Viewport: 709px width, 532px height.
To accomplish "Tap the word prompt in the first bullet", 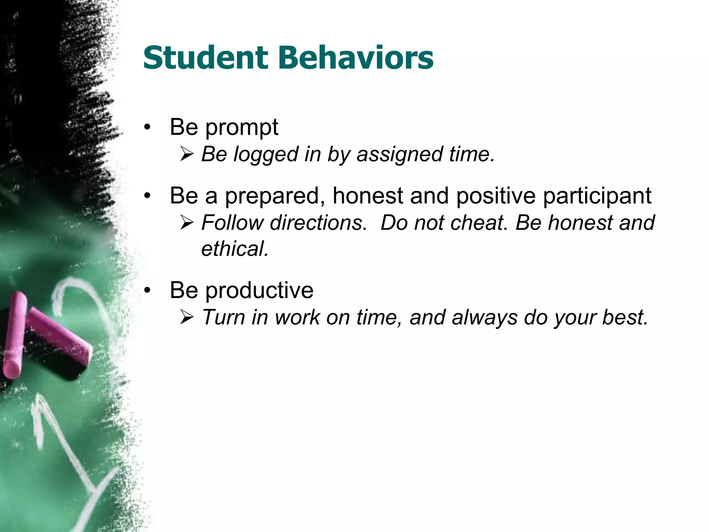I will [242, 127].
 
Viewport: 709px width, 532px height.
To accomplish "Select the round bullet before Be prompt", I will [148, 127].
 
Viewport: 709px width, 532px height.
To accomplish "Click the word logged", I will [266, 154].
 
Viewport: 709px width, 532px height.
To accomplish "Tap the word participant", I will [597, 196].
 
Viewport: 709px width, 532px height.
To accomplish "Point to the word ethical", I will [235, 249].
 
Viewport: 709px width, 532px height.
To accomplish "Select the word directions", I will [318, 222].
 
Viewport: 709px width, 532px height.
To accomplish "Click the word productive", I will [259, 290].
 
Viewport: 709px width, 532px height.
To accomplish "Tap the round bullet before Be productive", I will [148, 290].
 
